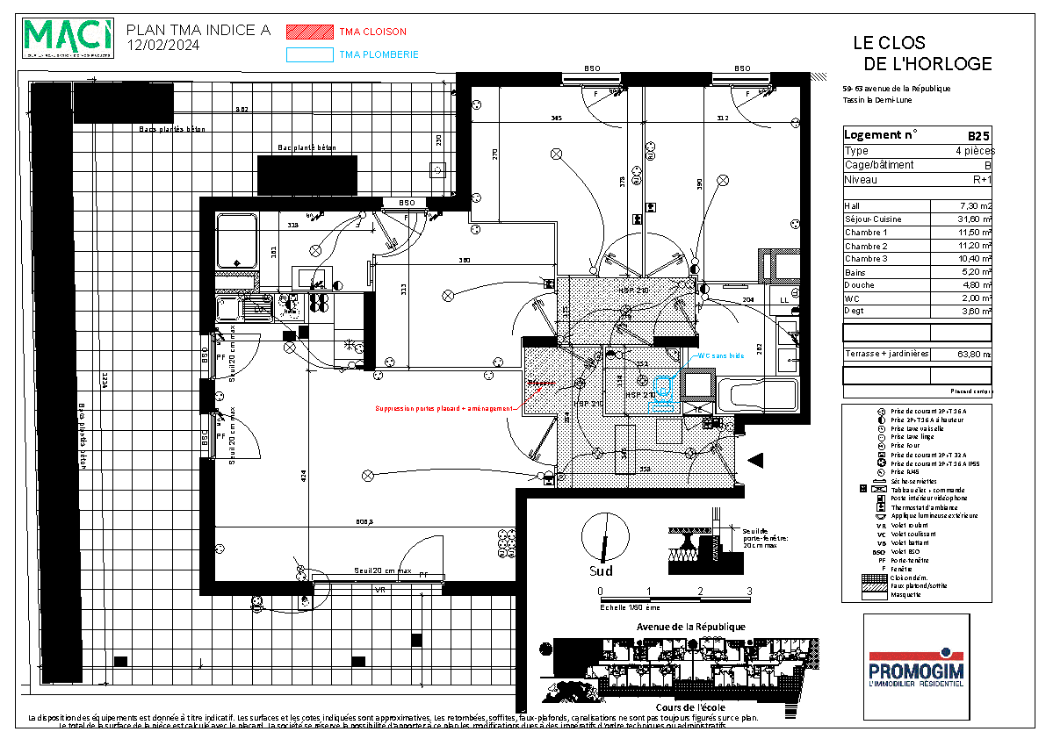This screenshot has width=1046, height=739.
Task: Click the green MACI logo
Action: (x=69, y=38)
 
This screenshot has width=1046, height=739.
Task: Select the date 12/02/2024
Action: (x=163, y=45)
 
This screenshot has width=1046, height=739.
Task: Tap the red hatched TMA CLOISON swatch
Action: (x=309, y=32)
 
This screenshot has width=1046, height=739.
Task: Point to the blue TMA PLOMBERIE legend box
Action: (x=309, y=54)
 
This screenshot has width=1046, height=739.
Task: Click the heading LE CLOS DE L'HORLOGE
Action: (x=921, y=54)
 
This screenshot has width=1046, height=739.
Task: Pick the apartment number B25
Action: (x=978, y=136)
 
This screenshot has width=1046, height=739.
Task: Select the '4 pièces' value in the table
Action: (x=973, y=151)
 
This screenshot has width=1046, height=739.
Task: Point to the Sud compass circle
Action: (x=606, y=536)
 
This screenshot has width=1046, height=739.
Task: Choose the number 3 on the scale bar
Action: (x=749, y=591)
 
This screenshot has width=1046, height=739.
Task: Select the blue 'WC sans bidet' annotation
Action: (x=721, y=356)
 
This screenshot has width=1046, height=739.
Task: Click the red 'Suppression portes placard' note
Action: (x=444, y=408)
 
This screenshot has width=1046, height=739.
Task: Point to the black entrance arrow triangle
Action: (x=756, y=460)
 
